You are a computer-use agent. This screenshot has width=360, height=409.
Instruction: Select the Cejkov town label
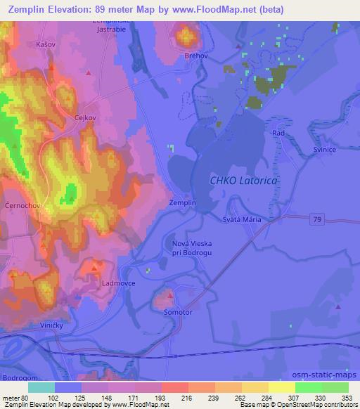[85, 119]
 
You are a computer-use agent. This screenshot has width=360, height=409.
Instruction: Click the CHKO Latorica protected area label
[244, 181]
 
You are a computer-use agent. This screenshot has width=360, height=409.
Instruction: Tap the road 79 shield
[318, 219]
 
